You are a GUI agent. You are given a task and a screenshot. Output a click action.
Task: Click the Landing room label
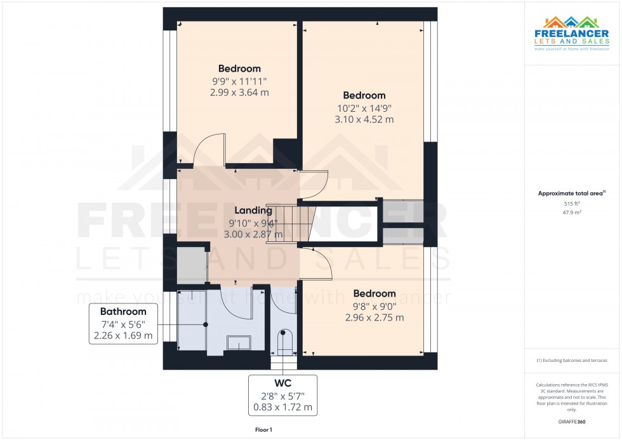253,210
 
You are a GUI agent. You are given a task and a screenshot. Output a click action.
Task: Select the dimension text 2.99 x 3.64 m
239,92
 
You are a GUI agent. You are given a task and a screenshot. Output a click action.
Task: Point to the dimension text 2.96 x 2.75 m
374,317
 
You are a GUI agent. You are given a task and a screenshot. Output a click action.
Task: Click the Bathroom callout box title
123,312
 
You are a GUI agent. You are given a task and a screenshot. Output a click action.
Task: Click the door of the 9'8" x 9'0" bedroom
317,263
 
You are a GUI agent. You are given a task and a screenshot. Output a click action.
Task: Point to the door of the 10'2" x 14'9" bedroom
314,185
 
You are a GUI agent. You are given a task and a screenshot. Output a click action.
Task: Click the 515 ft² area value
572,204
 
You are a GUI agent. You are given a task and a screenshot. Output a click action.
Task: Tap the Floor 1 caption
263,430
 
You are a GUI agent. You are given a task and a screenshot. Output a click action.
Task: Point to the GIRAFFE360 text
572,421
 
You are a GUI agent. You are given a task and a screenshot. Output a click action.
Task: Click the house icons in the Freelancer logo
572,24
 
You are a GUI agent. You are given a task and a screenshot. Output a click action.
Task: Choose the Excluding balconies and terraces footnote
572,360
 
